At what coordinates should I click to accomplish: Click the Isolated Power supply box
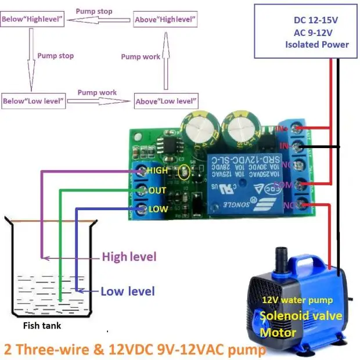(306, 32)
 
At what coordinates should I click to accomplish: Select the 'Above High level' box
(165, 19)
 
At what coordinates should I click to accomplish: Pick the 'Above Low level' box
(165, 101)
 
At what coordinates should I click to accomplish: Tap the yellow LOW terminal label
(157, 209)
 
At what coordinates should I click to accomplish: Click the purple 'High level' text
(129, 256)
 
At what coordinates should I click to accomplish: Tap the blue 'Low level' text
(128, 291)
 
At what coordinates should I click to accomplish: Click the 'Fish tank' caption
(41, 326)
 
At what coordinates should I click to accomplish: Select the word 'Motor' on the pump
(278, 333)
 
